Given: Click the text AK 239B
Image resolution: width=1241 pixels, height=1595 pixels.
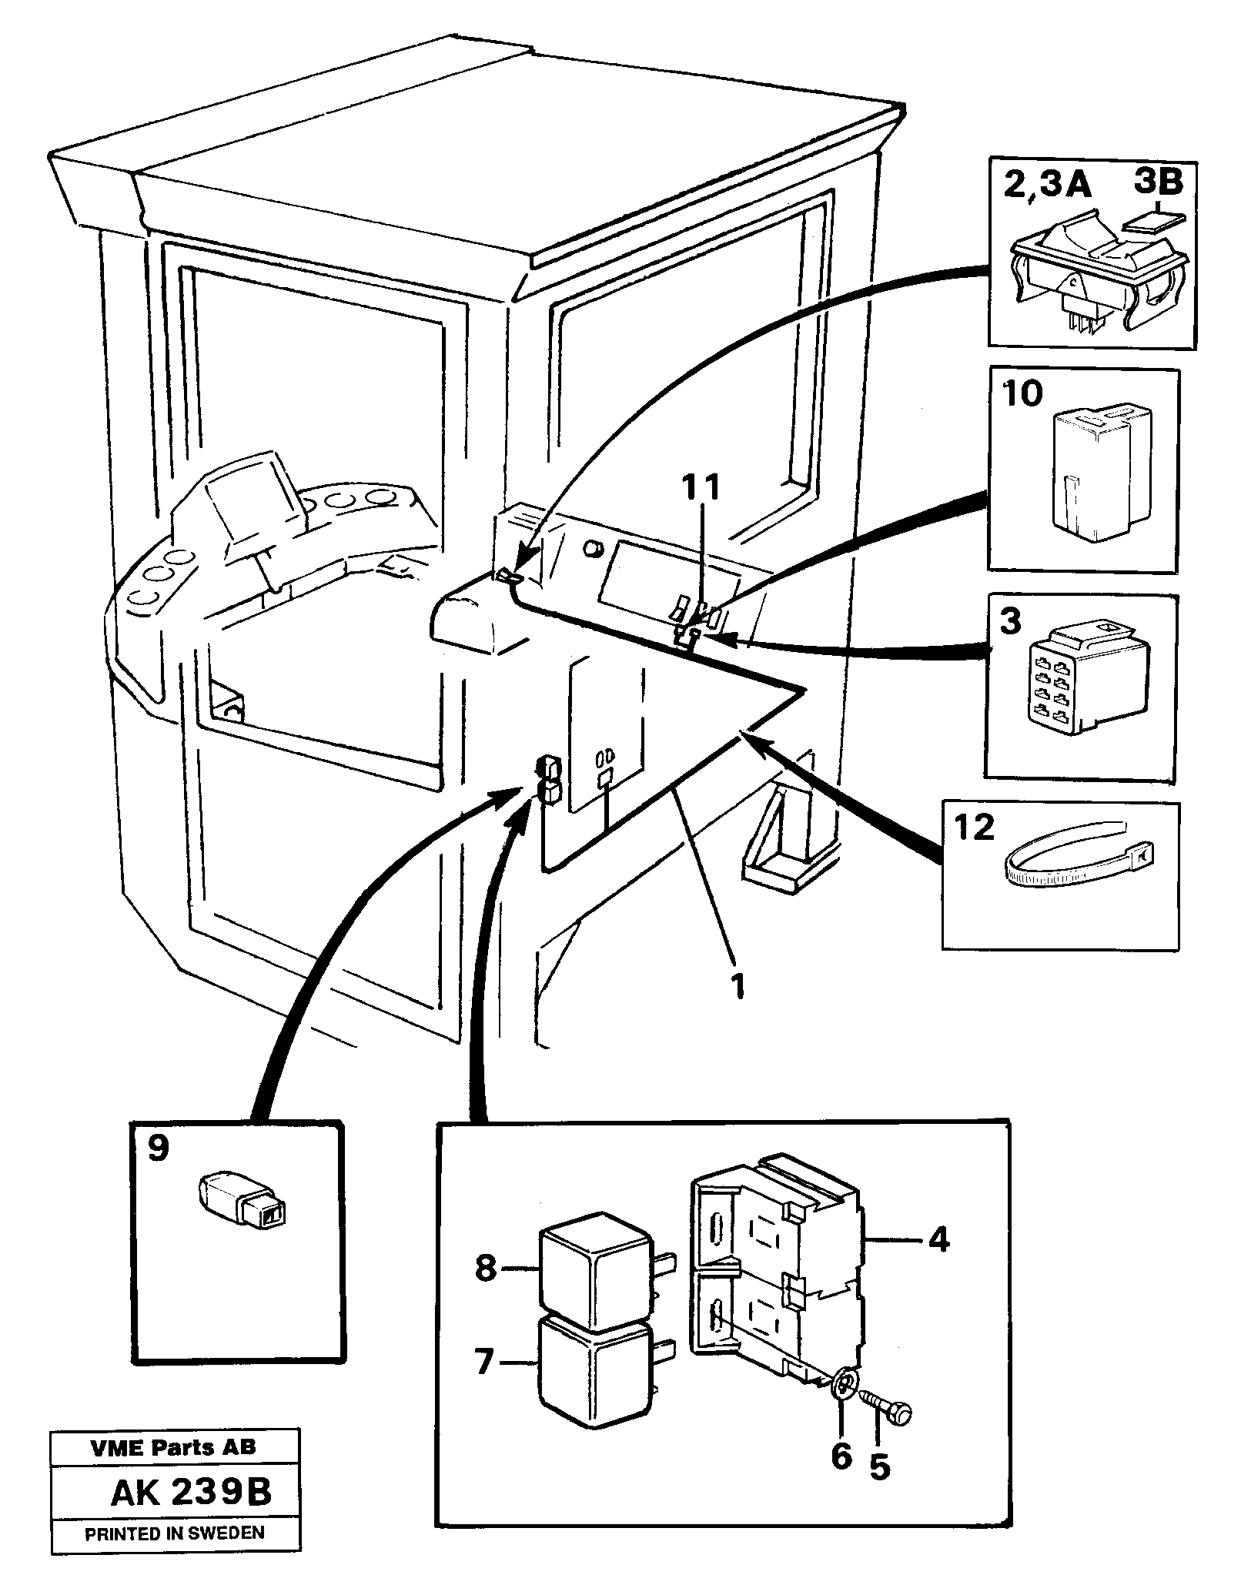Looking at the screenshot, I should point(191,1516).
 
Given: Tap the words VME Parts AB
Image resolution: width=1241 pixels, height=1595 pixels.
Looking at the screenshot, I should point(173,1469).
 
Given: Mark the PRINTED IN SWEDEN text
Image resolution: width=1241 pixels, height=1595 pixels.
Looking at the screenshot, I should point(174,1554).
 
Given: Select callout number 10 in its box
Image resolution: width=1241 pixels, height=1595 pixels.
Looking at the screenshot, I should point(1022,394).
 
